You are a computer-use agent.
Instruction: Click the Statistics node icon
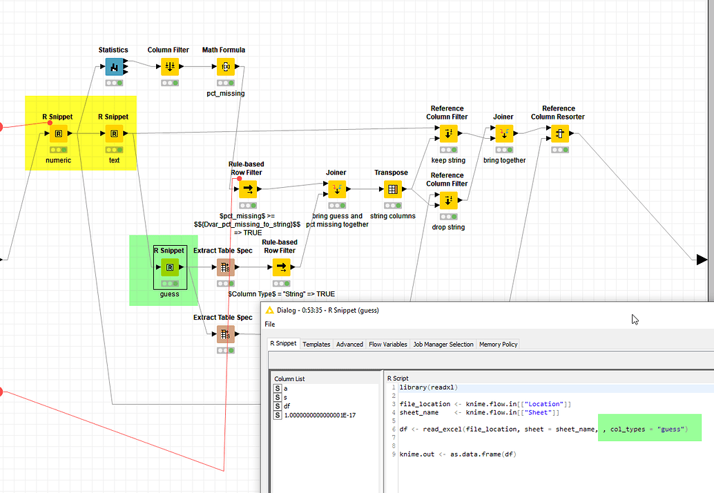pos(114,66)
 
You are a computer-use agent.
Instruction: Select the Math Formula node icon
pos(225,66)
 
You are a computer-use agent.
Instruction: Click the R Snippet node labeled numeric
pos(59,133)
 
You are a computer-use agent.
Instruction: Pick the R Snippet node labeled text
pos(114,133)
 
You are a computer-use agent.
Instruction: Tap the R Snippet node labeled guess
pos(169,267)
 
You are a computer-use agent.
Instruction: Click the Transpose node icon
pos(392,189)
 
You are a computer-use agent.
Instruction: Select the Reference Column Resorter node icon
pos(559,133)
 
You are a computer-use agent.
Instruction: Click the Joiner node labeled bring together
pos(504,133)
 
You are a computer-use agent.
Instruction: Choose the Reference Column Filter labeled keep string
pos(448,133)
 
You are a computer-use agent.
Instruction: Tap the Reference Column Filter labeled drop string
pos(448,200)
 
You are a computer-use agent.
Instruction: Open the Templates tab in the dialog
pos(316,344)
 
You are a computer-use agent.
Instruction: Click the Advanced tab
pos(349,344)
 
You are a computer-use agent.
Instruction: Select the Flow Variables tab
pos(388,344)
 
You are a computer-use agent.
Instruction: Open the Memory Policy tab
pos(498,344)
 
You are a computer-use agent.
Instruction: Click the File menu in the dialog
pos(270,324)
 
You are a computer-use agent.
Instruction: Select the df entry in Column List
pos(287,407)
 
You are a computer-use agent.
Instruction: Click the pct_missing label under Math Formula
pos(225,93)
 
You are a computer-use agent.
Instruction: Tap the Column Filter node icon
pos(169,66)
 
